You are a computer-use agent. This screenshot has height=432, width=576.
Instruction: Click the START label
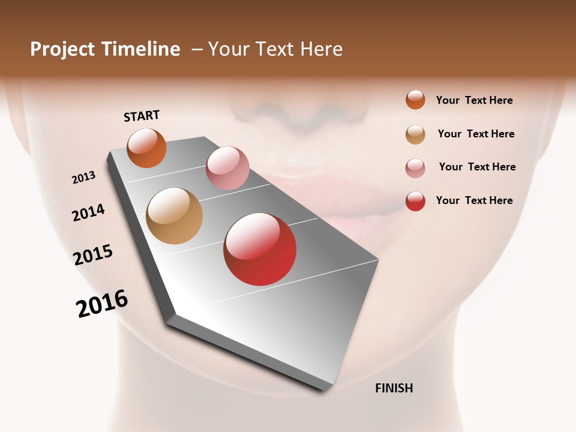142,116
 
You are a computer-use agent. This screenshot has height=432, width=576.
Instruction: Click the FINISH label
394,388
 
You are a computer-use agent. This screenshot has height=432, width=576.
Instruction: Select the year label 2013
83,178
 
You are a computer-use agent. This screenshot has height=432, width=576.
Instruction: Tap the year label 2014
88,213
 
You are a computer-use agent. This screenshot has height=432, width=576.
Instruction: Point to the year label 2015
93,254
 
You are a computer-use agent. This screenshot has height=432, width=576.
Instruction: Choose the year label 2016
102,304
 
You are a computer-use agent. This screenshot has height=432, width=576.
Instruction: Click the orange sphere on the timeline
146,148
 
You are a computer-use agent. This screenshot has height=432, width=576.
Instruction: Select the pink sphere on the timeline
227,168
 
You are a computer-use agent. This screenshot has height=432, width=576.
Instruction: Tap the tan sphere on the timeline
174,216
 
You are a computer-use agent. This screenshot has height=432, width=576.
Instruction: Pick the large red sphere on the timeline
260,249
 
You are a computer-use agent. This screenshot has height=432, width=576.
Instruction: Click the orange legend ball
415,100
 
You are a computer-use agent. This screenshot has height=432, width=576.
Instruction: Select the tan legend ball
415,134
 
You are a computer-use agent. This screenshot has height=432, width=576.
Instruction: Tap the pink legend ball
415,167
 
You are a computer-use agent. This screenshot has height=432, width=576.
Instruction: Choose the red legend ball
415,201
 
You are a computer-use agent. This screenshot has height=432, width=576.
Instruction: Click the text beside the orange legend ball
474,100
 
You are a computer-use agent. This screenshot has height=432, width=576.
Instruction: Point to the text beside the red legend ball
474,200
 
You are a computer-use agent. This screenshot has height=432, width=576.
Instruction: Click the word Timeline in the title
141,49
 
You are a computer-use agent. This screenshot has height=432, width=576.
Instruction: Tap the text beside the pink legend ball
477,167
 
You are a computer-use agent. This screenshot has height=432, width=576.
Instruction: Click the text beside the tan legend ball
476,134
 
